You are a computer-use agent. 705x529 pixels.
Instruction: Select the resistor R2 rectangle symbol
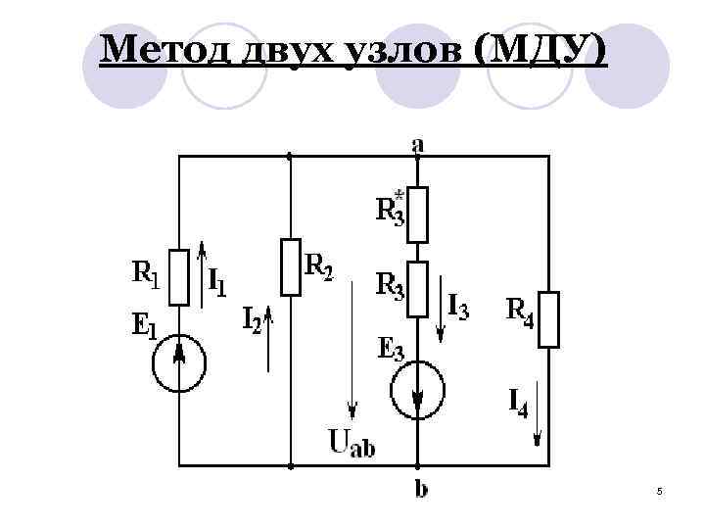291,265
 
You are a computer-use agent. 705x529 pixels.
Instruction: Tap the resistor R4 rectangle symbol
549,318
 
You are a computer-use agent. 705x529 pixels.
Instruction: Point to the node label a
418,144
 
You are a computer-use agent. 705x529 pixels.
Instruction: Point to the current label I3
457,308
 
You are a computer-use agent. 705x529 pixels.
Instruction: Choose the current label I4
518,402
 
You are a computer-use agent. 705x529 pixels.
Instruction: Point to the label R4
518,312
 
